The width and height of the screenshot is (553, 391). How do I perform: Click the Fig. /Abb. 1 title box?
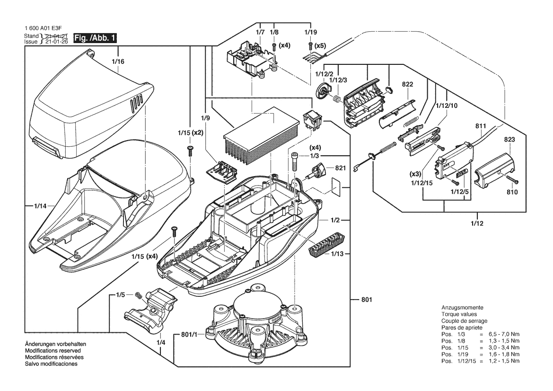[95, 38]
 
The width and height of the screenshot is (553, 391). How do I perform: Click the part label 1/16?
[118, 62]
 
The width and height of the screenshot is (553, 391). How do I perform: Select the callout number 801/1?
[189, 335]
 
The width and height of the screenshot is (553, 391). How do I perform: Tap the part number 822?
[407, 84]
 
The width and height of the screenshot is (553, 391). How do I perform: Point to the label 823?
[509, 139]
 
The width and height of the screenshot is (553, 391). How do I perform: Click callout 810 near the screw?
[512, 192]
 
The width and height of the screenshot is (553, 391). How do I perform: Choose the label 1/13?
[337, 254]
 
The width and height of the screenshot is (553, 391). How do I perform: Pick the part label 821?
[340, 168]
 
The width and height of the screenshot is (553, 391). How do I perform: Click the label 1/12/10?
[447, 106]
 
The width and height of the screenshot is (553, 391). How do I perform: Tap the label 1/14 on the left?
[40, 206]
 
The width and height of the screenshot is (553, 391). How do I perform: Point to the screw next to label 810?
[513, 180]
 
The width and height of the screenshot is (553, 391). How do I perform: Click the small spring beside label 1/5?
[139, 295]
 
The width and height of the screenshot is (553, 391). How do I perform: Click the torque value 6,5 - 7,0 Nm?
[504, 334]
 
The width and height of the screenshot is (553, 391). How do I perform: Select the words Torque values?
[459, 314]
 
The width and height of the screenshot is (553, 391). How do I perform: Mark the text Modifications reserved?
[53, 351]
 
